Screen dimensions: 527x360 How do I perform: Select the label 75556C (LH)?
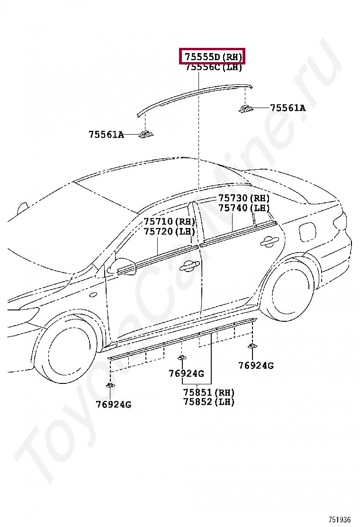click(213, 67)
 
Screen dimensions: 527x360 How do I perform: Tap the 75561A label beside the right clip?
click(288, 108)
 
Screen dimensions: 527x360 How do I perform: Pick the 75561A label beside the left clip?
click(106, 135)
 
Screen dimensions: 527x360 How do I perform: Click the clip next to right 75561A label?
click(245, 109)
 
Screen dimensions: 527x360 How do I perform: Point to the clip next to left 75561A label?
click(144, 135)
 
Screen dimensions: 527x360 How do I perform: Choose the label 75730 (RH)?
click(243, 198)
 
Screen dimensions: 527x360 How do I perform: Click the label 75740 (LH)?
click(243, 208)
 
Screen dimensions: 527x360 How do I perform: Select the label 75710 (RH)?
click(169, 221)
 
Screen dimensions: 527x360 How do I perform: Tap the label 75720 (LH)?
click(169, 231)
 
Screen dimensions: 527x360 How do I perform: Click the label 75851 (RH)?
click(208, 392)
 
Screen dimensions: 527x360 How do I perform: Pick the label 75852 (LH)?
click(208, 402)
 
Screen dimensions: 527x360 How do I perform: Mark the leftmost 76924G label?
click(113, 404)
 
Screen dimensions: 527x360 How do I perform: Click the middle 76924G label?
click(186, 373)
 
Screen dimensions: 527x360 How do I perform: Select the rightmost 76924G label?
click(256, 365)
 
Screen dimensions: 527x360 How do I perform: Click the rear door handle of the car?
click(269, 242)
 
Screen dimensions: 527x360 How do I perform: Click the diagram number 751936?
click(340, 520)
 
